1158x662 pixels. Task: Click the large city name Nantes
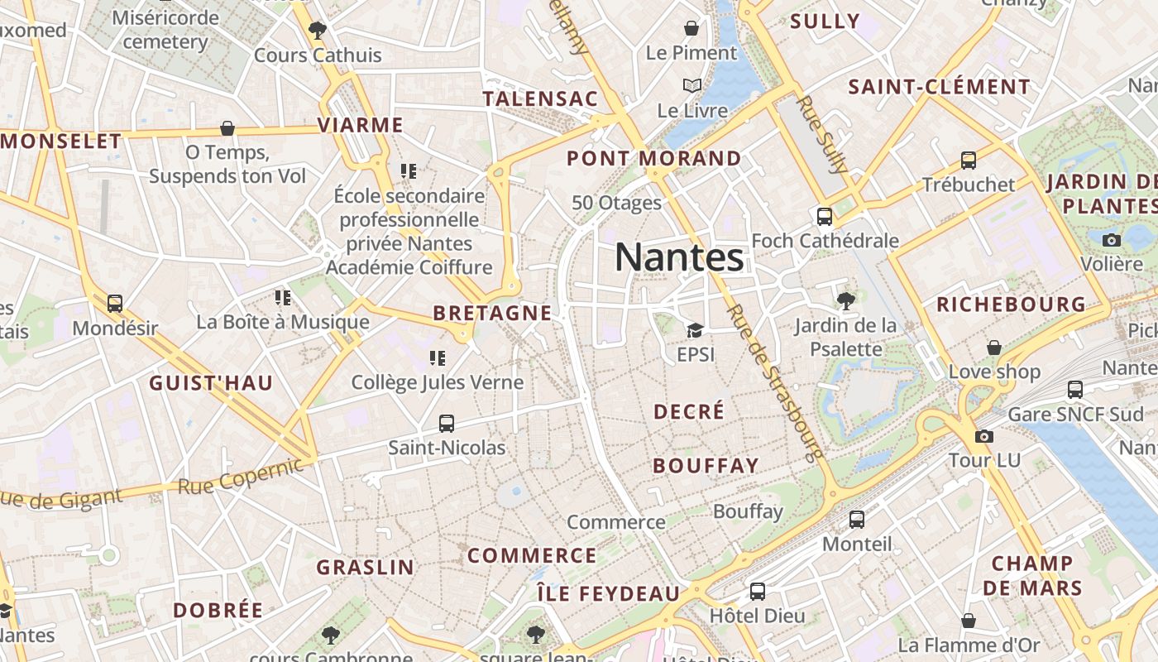(679, 257)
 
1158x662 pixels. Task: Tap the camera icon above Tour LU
(983, 436)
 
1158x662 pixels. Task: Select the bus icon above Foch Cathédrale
(824, 217)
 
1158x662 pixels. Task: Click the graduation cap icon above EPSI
(695, 331)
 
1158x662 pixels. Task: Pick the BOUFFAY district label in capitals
(706, 465)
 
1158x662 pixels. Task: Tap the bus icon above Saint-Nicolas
(447, 424)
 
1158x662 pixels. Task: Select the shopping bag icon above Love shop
(994, 348)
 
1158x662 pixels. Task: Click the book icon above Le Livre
(692, 85)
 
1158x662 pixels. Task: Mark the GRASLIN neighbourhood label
(365, 567)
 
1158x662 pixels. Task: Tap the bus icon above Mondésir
(115, 304)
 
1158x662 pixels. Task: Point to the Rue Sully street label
(824, 135)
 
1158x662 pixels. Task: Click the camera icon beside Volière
(1112, 240)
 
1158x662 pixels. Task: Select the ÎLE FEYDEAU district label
(608, 593)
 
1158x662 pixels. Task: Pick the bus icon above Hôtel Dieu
(757, 592)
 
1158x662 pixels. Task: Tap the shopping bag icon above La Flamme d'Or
(969, 621)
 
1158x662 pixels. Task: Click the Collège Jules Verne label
(438, 382)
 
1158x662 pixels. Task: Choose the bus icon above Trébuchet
(969, 161)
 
